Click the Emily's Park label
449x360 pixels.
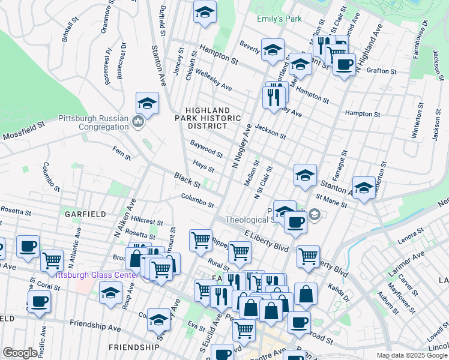click(279, 19)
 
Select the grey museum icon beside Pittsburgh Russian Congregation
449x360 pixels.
click(137, 124)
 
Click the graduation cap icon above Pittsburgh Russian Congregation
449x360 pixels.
click(147, 104)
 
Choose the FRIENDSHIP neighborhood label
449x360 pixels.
click(134, 347)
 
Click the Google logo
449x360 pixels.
click(19, 353)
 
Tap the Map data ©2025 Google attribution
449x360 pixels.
click(412, 355)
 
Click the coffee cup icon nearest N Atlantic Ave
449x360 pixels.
click(28, 247)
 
